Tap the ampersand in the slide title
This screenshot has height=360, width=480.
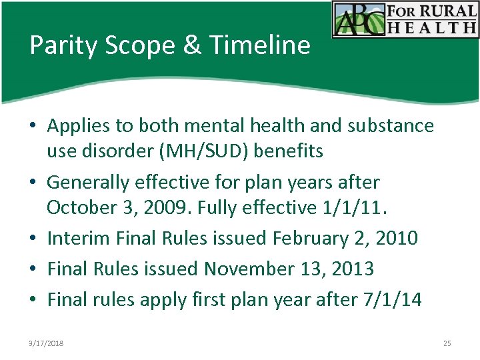coord(191,45)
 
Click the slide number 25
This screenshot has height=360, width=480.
coord(447,343)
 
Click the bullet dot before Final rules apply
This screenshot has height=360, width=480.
coord(33,300)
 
